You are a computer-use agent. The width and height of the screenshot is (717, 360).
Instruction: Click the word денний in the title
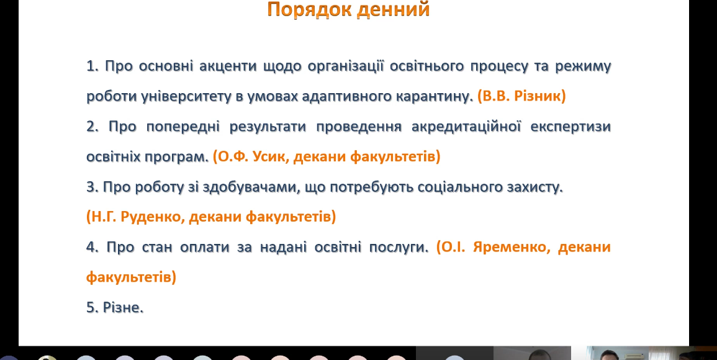393,9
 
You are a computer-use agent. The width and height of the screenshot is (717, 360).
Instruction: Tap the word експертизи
570,127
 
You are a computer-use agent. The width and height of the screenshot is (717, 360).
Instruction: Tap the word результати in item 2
268,127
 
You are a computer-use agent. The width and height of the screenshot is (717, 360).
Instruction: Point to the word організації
345,66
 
